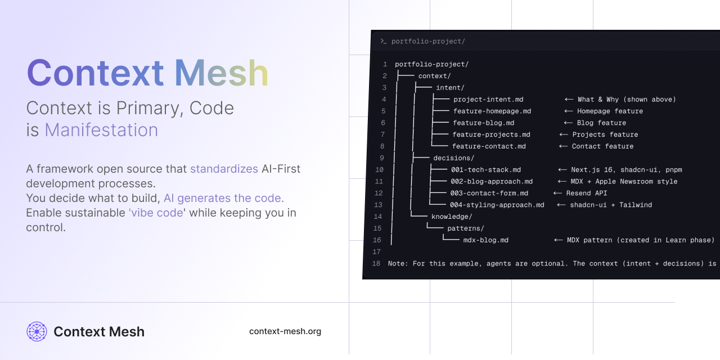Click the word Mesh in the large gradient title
tap(221, 73)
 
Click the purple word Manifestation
tap(101, 130)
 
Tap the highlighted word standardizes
tap(224, 169)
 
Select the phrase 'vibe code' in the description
tap(156, 213)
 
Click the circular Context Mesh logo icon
tap(37, 332)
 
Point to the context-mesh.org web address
tap(285, 331)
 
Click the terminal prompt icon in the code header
tap(383, 41)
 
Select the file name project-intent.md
tap(488, 100)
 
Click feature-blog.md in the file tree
tap(483, 123)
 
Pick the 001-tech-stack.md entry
tap(485, 170)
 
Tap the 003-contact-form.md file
tap(489, 193)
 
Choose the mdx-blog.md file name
tap(485, 240)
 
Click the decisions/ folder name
tap(453, 158)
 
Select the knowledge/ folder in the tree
tap(451, 217)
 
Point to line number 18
tap(376, 264)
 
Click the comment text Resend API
tap(587, 193)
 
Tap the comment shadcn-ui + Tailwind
tap(611, 205)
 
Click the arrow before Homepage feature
tap(569, 111)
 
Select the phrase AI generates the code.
tap(223, 198)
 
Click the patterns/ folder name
tap(465, 228)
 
